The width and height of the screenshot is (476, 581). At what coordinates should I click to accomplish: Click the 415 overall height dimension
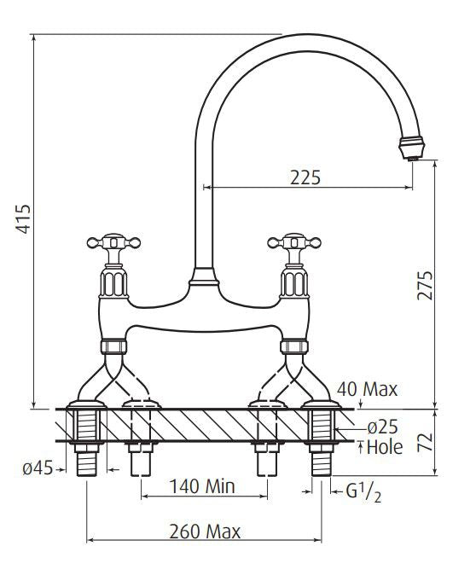click(x=23, y=218)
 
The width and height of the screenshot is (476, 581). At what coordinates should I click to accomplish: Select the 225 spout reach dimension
click(x=305, y=177)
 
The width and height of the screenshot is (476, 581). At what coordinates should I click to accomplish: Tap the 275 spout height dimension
click(x=425, y=285)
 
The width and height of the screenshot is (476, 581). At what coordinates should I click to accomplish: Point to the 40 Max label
click(x=367, y=389)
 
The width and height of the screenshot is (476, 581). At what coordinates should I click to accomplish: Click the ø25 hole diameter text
click(x=383, y=427)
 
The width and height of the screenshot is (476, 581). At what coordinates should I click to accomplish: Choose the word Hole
click(x=385, y=447)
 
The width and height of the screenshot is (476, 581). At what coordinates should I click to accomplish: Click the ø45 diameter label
click(x=38, y=468)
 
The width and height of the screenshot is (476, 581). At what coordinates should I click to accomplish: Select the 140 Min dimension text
click(x=202, y=485)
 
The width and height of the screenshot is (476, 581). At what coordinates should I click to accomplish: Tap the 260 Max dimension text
click(x=205, y=532)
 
